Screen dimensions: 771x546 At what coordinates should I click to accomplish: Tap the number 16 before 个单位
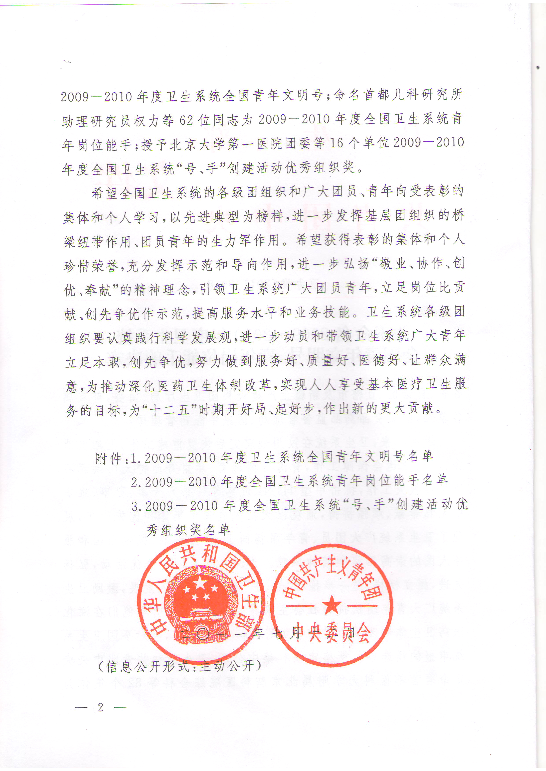tap(336, 143)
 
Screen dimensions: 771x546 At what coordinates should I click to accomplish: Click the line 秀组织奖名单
tap(188, 530)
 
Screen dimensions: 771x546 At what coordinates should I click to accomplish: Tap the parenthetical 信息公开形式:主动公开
tap(179, 666)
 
